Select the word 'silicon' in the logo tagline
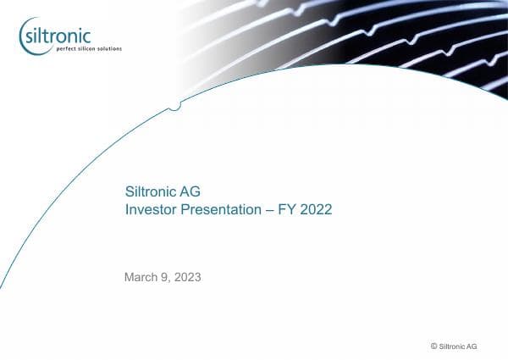click(x=87, y=49)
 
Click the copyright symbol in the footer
click(x=434, y=346)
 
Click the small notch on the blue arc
click(x=174, y=105)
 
